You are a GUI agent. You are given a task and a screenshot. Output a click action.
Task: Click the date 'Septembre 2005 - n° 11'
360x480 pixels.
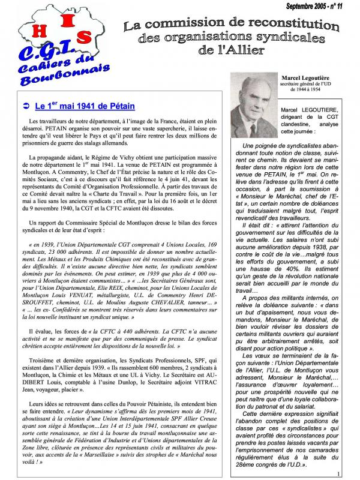tap(315, 6)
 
